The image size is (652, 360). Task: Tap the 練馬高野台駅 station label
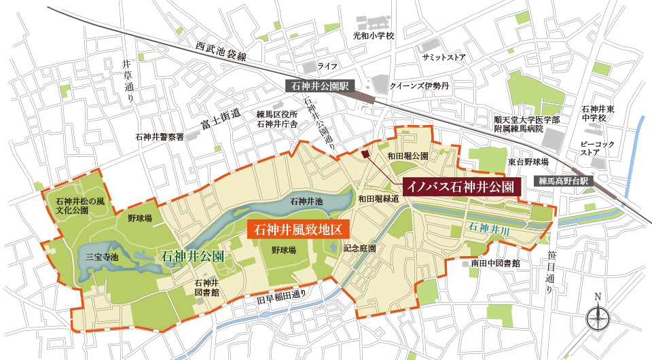click(563, 181)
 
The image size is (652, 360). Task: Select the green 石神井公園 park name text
click(192, 256)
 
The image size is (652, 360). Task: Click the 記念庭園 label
click(360, 249)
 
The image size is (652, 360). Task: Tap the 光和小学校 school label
click(373, 35)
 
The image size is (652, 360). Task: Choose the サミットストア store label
click(443, 58)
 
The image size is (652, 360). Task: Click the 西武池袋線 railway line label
click(223, 54)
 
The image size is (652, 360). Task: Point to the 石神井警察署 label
click(159, 137)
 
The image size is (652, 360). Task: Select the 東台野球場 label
click(526, 162)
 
